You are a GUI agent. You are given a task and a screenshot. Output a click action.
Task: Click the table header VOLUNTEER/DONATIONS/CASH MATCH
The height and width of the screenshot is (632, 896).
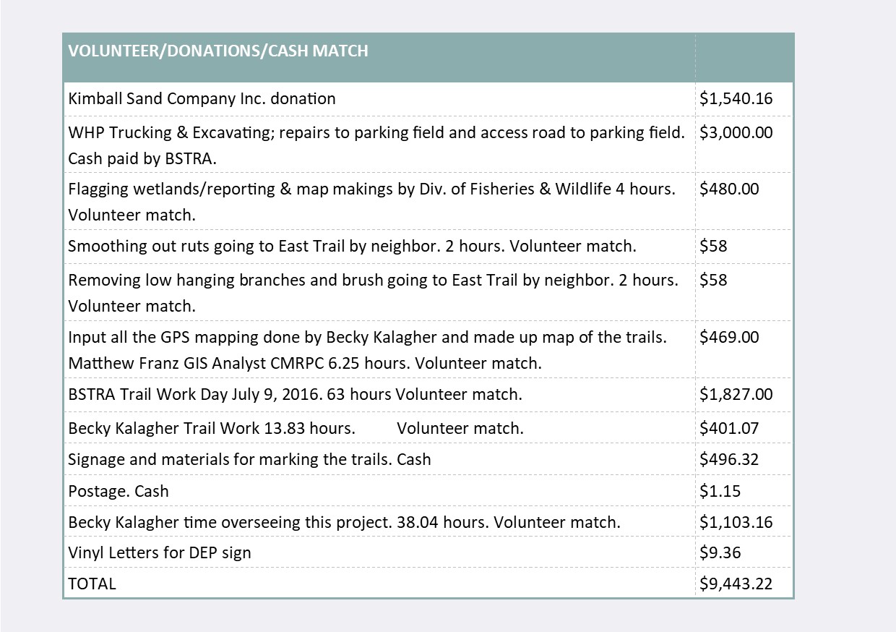(x=218, y=51)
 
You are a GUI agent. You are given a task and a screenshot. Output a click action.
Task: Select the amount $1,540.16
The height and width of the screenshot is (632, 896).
(x=736, y=98)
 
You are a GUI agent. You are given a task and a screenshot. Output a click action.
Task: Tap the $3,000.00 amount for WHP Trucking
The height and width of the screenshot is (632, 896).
(x=736, y=132)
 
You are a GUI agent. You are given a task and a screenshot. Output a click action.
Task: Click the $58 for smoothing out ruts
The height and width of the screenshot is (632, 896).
(x=713, y=246)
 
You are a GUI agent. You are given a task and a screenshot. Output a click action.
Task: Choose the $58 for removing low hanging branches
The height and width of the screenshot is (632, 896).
(x=713, y=280)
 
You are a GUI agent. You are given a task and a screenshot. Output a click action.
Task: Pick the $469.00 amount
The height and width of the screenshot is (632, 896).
(x=729, y=337)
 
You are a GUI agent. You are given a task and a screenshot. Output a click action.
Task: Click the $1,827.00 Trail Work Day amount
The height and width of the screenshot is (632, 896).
(x=736, y=394)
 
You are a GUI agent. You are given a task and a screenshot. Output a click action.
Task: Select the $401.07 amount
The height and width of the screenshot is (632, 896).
(x=729, y=428)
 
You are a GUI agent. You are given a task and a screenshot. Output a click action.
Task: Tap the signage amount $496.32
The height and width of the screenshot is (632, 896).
(x=729, y=459)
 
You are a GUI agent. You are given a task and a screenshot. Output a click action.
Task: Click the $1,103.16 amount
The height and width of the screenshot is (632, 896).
(x=736, y=522)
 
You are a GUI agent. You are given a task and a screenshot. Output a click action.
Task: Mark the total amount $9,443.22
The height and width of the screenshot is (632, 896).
(x=736, y=584)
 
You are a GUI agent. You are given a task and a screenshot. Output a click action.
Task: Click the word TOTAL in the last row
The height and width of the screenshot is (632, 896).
(x=92, y=584)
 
